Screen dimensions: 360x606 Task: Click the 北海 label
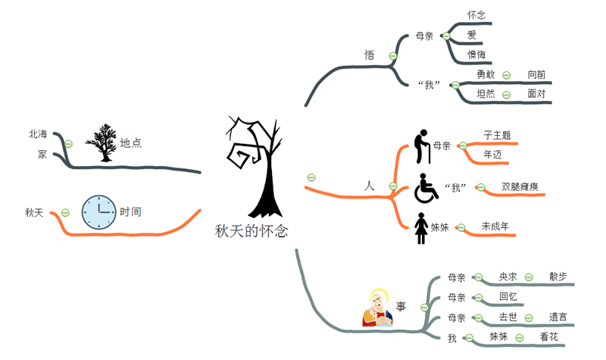38,134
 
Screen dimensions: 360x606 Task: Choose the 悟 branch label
370,55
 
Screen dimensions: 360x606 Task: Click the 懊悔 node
476,55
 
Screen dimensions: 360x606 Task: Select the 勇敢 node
486,75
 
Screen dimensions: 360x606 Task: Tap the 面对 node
536,94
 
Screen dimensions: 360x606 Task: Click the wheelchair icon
426,188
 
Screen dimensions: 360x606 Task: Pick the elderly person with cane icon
422,146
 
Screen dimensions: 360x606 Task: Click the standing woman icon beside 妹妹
421,228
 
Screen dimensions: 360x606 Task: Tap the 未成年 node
495,226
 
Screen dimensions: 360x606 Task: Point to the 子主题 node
497,135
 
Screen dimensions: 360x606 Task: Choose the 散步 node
558,277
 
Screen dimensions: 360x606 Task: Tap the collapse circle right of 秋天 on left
65,212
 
